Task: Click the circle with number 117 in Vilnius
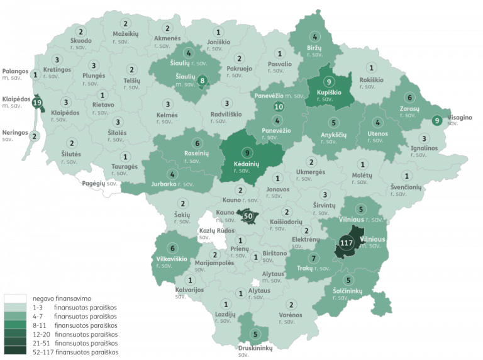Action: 345,243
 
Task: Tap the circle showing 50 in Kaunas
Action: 248,216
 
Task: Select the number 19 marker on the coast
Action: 37,103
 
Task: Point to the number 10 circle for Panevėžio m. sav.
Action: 279,107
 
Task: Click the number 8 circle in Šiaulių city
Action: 203,80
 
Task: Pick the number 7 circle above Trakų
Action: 313,259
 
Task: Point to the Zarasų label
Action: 409,108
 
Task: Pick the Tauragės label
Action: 125,167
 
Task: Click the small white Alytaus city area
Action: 253,283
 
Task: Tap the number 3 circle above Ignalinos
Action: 424,138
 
